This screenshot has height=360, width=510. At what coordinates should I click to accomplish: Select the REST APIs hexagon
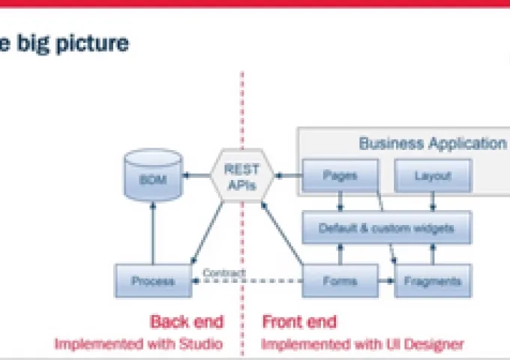242,175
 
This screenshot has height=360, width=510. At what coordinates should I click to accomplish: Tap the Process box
152,281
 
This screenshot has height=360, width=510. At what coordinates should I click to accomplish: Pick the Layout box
433,176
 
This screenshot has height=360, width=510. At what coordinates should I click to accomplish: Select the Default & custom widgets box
386,227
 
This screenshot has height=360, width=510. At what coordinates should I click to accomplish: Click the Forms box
339,281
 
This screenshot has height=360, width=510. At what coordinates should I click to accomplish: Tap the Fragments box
432,281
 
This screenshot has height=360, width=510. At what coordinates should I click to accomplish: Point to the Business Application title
432,143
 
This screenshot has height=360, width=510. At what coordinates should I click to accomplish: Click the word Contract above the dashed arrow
224,272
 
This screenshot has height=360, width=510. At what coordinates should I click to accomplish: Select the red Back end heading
187,322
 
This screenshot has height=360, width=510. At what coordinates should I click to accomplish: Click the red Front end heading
299,322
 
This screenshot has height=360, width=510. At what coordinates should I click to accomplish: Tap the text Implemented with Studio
138,344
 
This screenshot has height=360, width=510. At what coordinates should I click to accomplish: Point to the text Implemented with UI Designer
362,344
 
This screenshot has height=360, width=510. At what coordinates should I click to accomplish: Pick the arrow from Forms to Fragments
385,281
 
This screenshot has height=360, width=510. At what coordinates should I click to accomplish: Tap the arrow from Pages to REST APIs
288,176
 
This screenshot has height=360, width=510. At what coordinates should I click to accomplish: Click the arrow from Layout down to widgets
433,200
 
